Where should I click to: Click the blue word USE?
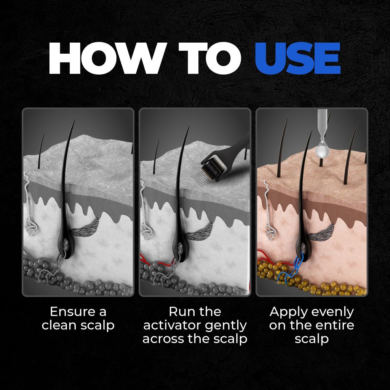tap(298, 58)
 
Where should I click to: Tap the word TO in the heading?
tap(210, 58)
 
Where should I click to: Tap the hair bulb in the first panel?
tap(66, 245)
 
